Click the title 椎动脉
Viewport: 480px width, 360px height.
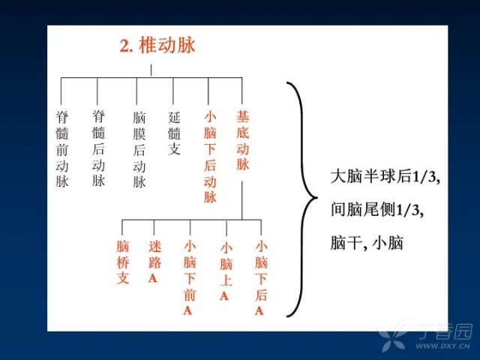click(167, 46)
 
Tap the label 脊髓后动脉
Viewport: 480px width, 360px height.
click(98, 148)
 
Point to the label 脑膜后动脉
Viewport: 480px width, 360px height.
click(139, 150)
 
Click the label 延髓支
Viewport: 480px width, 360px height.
click(174, 133)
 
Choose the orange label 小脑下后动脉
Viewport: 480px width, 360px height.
click(210, 157)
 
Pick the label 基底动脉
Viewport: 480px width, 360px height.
click(243, 140)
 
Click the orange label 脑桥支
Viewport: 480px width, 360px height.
click(123, 262)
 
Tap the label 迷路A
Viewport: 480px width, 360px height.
click(155, 262)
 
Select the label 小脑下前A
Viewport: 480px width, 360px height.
click(190, 277)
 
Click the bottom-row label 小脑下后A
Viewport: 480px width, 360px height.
click(261, 277)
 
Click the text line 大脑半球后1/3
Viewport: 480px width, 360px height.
click(385, 177)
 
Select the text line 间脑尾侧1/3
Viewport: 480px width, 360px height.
click(377, 210)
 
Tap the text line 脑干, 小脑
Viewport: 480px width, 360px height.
click(367, 243)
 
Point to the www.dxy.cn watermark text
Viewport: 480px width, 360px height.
click(442, 346)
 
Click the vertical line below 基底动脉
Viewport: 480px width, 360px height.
click(241, 200)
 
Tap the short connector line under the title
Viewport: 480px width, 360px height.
click(151, 70)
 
